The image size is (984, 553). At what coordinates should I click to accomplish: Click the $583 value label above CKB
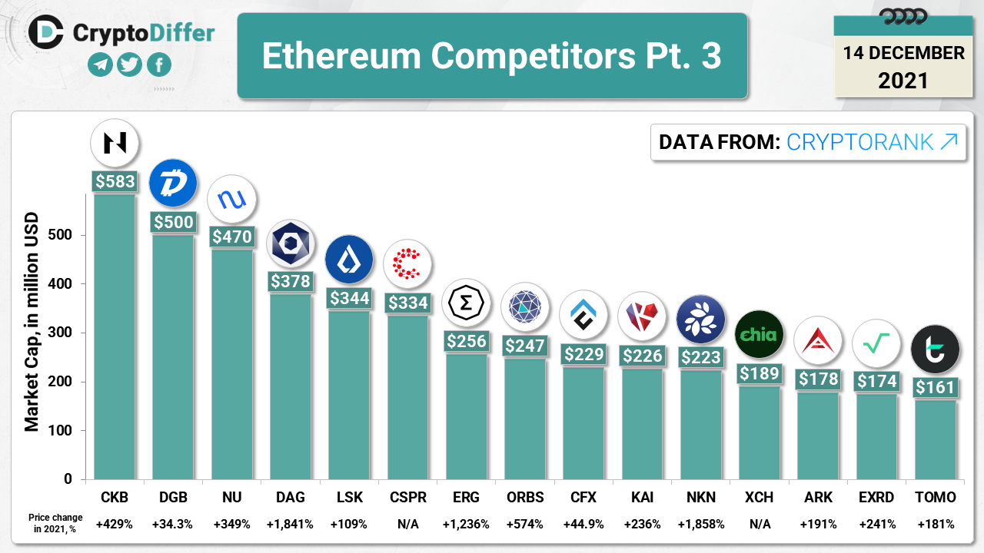click(x=115, y=182)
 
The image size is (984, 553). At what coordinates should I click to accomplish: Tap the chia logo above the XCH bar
click(x=760, y=335)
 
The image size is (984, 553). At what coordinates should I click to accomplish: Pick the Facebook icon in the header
click(x=159, y=65)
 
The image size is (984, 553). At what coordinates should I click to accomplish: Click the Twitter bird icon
click(x=130, y=65)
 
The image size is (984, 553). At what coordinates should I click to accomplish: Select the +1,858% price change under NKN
click(x=700, y=524)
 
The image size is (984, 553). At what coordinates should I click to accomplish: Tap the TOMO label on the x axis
click(x=936, y=498)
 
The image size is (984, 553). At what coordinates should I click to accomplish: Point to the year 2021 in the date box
click(x=903, y=80)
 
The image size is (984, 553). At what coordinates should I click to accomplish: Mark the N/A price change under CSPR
click(x=407, y=524)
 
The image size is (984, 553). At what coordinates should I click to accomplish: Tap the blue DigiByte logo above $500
click(x=173, y=184)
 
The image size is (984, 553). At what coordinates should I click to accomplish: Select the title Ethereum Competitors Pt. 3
click(x=492, y=55)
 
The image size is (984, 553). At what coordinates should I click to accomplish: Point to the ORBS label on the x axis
click(x=525, y=498)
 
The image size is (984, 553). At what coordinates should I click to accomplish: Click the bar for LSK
click(x=349, y=396)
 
